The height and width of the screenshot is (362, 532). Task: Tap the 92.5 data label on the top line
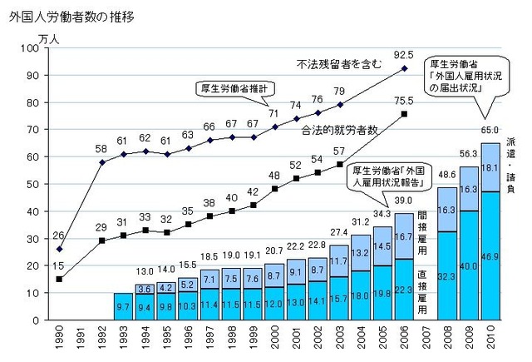(405, 55)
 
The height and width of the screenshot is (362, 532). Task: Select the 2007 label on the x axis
(424, 339)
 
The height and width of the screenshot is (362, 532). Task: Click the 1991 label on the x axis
(80, 339)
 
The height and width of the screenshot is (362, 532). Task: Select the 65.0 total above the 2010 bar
(490, 130)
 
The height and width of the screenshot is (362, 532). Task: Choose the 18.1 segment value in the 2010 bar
(490, 168)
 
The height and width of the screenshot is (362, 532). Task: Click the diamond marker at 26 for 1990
(59, 249)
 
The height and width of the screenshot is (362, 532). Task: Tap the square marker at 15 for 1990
(59, 279)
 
